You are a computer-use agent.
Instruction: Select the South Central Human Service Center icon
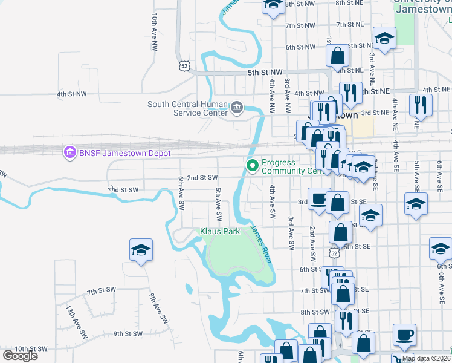coord(236,109)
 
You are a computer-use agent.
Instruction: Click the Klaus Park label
coord(220,231)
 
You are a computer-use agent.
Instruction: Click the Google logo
coord(20,356)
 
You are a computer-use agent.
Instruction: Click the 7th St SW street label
coord(101,291)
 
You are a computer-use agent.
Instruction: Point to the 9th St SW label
coord(128,333)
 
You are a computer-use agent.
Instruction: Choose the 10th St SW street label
coord(31,349)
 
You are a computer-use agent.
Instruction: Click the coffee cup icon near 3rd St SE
coord(318,198)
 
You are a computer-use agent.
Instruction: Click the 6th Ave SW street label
coord(181,193)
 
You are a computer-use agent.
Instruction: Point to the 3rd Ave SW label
coord(291,234)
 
